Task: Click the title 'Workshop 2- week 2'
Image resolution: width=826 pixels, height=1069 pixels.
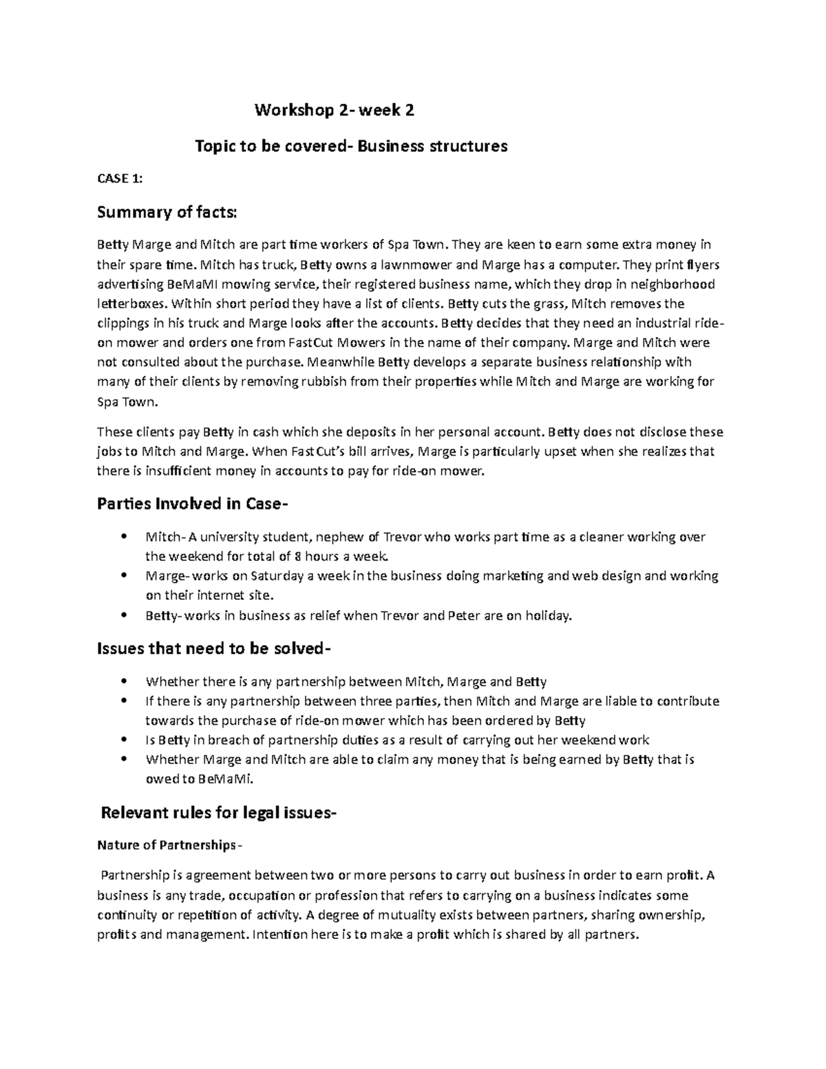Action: click(x=335, y=110)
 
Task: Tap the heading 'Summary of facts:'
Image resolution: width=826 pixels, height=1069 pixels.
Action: click(x=167, y=213)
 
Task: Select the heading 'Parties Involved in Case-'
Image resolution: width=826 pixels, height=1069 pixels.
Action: click(x=190, y=504)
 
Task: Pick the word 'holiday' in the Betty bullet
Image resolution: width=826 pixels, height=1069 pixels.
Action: click(x=549, y=615)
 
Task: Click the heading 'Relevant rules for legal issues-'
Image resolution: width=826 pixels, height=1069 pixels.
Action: click(x=219, y=813)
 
